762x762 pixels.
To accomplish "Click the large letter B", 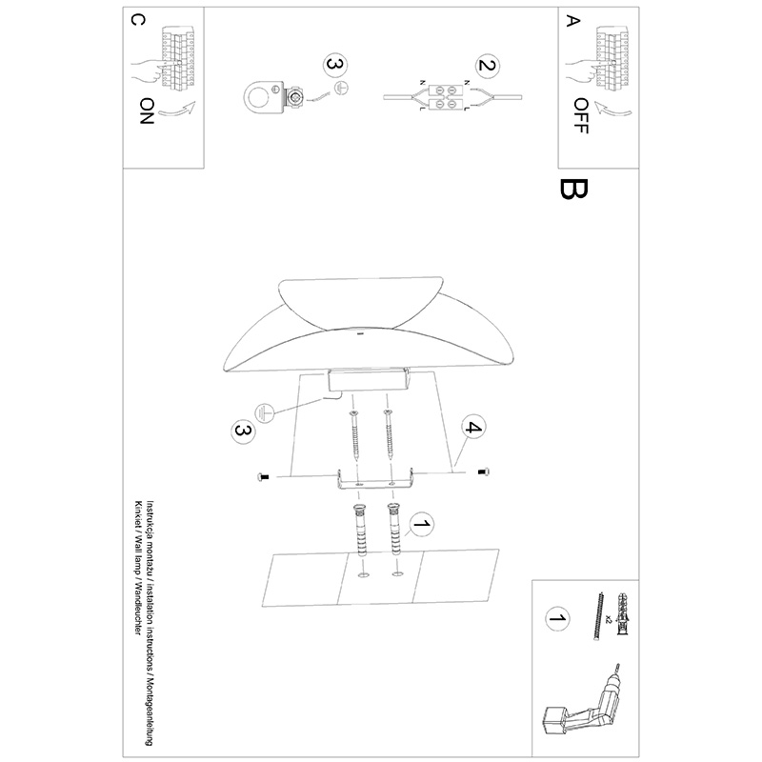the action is point(574,189).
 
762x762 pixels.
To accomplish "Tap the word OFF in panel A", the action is point(581,115).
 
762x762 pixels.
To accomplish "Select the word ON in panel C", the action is point(147,110).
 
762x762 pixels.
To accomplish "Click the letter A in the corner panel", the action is point(573,21).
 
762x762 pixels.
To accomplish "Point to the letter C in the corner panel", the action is point(138,20).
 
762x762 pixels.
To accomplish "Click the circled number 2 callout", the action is point(488,65).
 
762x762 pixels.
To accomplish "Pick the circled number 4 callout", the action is point(472,428).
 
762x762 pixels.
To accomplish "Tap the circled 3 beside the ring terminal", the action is point(335,64).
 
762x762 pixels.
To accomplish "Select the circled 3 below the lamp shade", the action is point(243,431).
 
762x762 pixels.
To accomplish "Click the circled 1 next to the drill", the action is point(557,618).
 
